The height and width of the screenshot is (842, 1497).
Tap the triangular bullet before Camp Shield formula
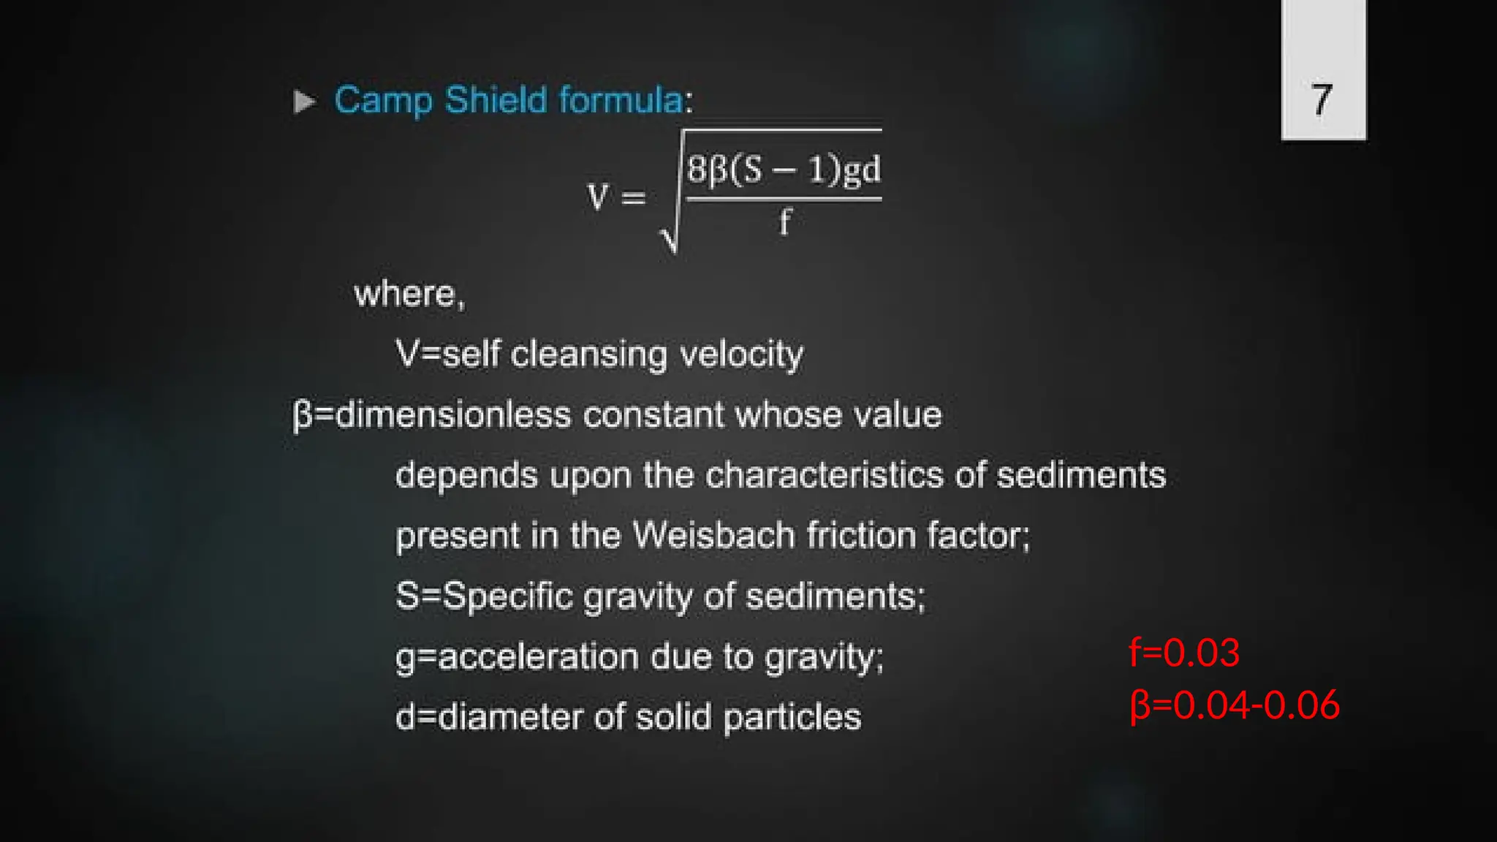click(305, 102)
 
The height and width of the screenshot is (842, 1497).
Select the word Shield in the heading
click(496, 99)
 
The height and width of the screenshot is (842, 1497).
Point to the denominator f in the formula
click(784, 221)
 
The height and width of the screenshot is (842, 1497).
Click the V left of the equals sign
click(597, 197)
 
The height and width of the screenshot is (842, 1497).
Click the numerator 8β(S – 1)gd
click(784, 170)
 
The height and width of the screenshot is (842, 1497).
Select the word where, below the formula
click(409, 295)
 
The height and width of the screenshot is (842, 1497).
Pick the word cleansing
click(588, 354)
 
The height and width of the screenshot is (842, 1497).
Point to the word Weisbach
click(713, 535)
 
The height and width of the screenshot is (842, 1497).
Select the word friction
click(861, 535)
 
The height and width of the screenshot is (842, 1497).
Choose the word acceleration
click(538, 656)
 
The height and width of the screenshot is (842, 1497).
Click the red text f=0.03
click(1184, 652)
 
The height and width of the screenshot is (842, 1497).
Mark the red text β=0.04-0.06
click(1235, 705)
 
